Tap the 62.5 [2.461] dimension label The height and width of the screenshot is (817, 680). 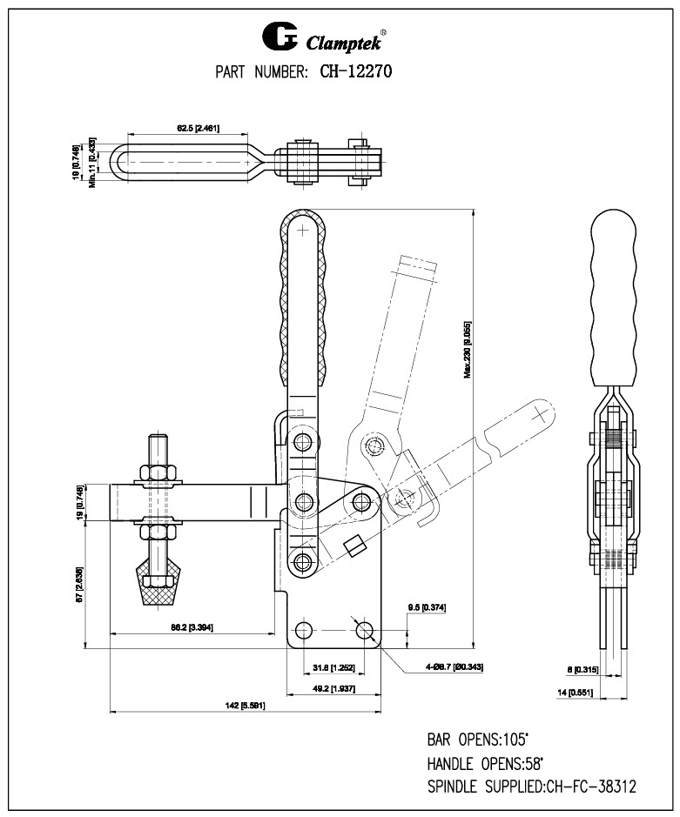(198, 129)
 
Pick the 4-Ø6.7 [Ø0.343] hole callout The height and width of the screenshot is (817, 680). (454, 666)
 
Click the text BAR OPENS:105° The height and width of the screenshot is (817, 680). (477, 740)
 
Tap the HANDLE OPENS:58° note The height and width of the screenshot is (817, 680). (484, 764)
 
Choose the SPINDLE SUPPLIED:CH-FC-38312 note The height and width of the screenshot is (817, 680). (531, 787)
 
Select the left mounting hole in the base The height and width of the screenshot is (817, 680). (302, 628)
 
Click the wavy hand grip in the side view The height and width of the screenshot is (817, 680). (615, 296)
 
